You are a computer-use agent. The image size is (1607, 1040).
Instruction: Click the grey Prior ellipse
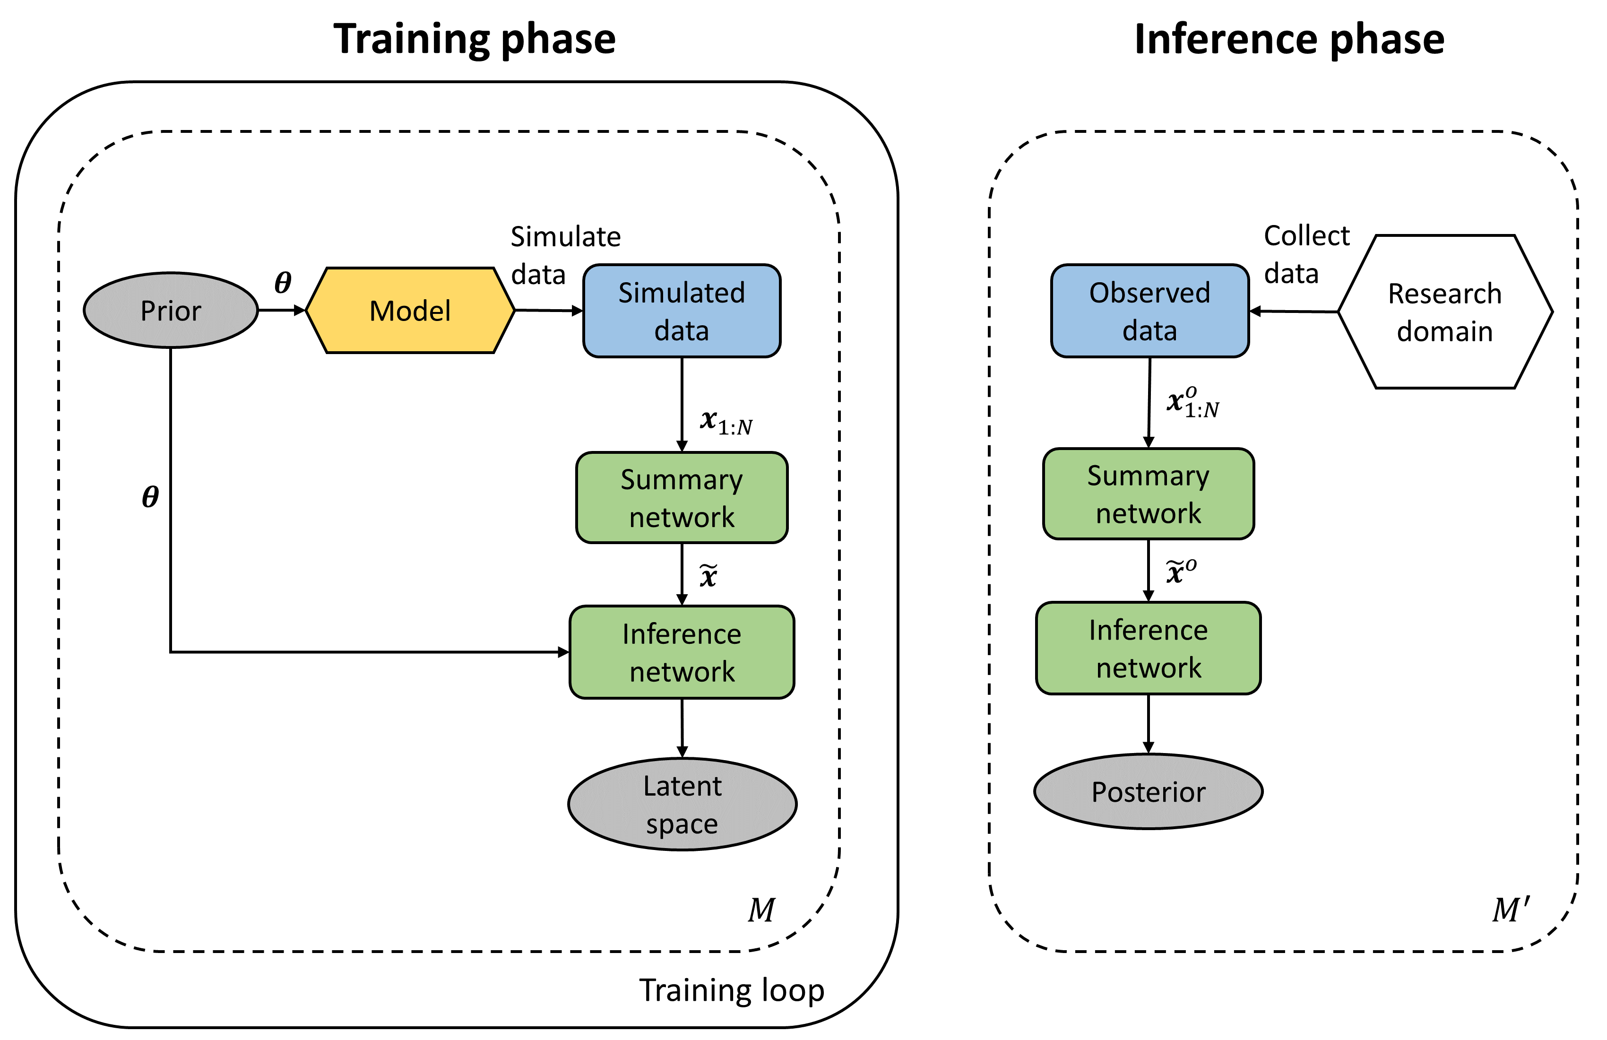tap(171, 311)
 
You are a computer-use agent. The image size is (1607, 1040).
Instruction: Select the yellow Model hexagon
tap(410, 311)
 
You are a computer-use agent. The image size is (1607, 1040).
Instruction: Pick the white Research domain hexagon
tap(1444, 312)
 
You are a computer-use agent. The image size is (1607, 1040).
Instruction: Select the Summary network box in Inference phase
tap(1148, 494)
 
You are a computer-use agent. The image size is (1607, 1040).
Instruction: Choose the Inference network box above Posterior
tap(1148, 648)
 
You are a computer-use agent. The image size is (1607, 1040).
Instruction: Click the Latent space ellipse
tap(682, 804)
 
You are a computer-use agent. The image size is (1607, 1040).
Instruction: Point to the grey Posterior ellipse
tap(1148, 791)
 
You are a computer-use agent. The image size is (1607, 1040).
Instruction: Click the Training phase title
tap(474, 39)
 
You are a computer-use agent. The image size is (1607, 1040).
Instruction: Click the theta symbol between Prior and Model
tap(283, 282)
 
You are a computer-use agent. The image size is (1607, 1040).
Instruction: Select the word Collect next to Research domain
tap(1306, 236)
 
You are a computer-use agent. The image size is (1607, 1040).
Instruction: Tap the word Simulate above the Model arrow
tap(565, 237)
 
